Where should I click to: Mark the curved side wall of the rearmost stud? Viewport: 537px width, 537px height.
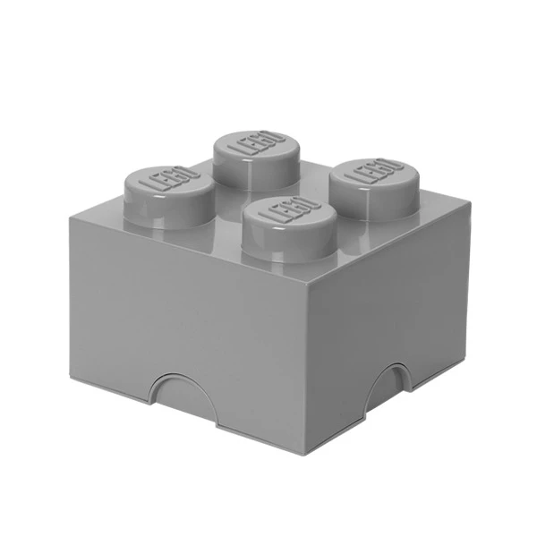[254, 166]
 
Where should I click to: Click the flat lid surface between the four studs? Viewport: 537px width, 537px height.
[268, 183]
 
